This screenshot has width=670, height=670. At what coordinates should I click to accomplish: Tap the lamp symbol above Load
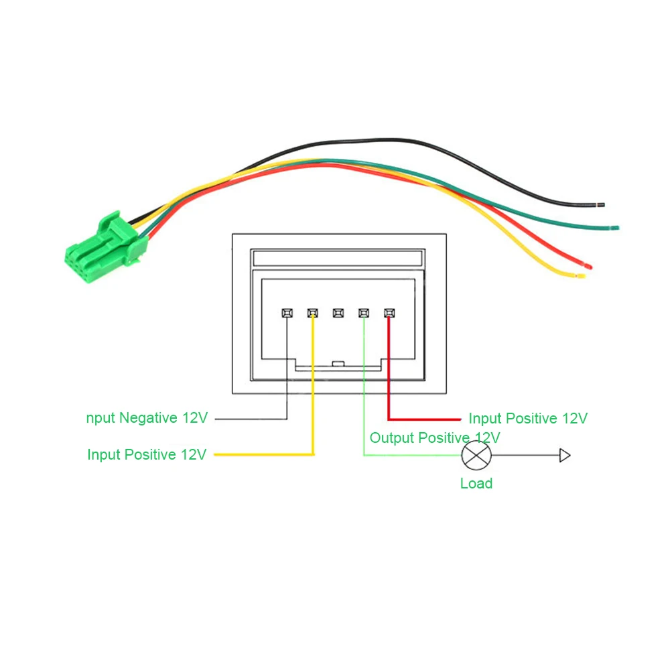[476, 456]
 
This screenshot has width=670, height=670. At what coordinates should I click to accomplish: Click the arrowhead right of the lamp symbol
[565, 456]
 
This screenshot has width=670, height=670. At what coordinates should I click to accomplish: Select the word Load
[476, 483]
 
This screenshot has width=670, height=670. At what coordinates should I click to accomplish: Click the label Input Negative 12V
[147, 418]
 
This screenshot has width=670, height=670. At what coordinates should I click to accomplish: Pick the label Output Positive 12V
[435, 438]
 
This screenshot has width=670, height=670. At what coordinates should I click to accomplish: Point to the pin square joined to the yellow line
[312, 313]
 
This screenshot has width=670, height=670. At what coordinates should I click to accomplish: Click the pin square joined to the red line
[389, 313]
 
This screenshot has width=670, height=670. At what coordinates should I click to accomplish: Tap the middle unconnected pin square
[338, 313]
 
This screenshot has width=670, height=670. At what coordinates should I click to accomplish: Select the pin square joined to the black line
[287, 313]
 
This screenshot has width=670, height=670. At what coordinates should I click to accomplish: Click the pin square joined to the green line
[364, 313]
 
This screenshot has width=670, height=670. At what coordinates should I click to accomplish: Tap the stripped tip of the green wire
[616, 228]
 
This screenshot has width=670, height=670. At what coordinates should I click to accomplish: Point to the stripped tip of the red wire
[589, 267]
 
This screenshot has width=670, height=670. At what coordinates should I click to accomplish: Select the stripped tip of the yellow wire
[581, 275]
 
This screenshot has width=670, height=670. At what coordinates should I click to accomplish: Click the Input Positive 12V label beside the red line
[528, 419]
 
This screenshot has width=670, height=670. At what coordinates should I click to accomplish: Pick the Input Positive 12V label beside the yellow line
[147, 454]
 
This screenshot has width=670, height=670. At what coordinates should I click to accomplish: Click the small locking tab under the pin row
[338, 364]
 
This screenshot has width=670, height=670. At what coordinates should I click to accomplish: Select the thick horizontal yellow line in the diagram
[264, 455]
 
